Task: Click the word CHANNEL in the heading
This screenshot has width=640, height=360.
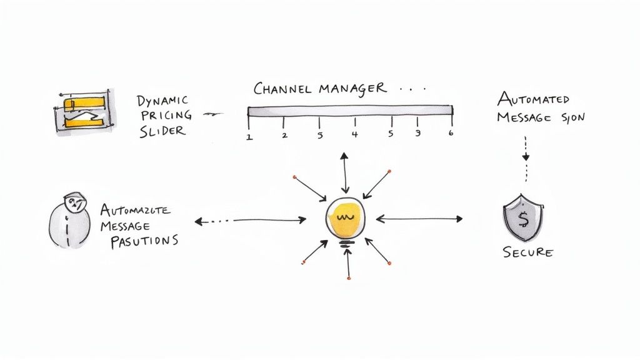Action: [x=282, y=88]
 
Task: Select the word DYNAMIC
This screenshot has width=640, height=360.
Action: [x=161, y=99]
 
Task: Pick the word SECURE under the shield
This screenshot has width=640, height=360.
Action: [x=528, y=252]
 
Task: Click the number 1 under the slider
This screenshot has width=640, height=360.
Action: [x=249, y=136]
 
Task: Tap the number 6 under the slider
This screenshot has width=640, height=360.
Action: [x=450, y=133]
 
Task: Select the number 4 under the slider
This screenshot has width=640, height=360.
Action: [x=355, y=134]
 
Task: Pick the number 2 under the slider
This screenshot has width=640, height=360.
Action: [x=284, y=135]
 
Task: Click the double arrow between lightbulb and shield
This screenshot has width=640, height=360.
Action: [x=419, y=219]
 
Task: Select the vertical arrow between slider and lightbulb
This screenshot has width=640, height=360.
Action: [x=345, y=171]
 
